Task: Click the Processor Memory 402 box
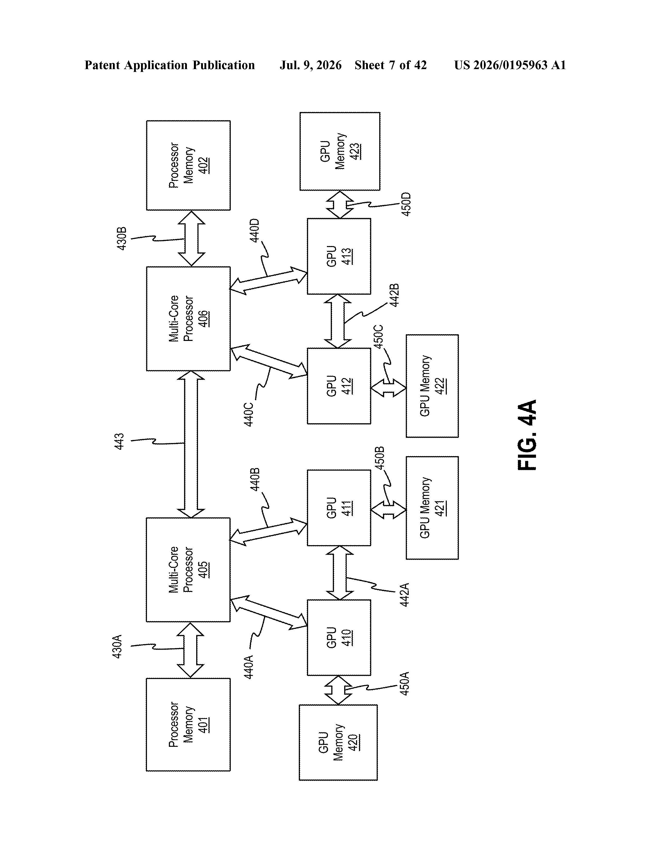(x=188, y=165)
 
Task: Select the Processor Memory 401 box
(x=188, y=724)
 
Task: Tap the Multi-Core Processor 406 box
(x=188, y=319)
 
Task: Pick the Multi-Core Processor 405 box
(x=188, y=570)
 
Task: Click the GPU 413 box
(x=339, y=256)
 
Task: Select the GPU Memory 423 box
(x=340, y=151)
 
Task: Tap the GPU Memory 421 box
(x=432, y=508)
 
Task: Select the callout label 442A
(x=405, y=595)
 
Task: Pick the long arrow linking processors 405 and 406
(x=191, y=444)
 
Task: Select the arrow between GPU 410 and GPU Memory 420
(x=338, y=690)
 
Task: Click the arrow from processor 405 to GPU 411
(x=268, y=532)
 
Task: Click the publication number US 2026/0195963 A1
(x=510, y=65)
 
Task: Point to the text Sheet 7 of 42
(x=391, y=65)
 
